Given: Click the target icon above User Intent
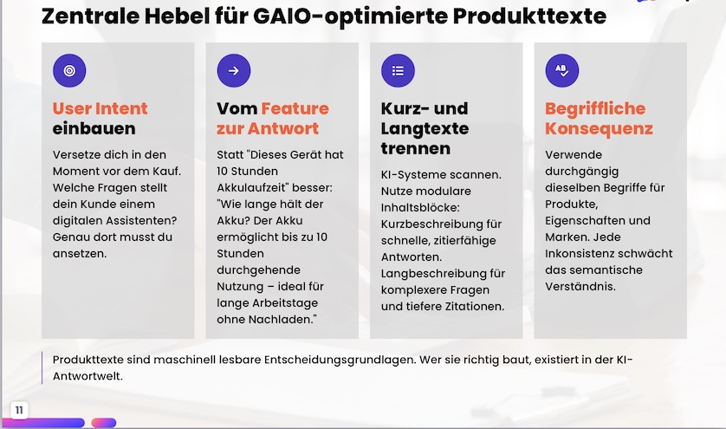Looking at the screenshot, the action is click(69, 70).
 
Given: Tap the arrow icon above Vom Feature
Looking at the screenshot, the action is click(234, 70).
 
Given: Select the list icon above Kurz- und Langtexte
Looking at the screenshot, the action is click(398, 70).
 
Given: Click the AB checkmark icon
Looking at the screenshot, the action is click(562, 70).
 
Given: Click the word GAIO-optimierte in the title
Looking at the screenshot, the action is click(351, 16).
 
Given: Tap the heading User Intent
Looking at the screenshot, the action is click(100, 108).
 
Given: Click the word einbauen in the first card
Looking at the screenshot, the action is click(94, 128).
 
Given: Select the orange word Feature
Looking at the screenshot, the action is click(295, 108).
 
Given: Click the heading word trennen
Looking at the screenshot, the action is click(416, 148).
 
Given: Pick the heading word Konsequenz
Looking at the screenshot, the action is click(599, 128).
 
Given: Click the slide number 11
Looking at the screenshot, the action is click(19, 410).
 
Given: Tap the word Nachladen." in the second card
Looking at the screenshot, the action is click(282, 319).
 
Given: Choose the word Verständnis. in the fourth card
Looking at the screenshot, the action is click(580, 286).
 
